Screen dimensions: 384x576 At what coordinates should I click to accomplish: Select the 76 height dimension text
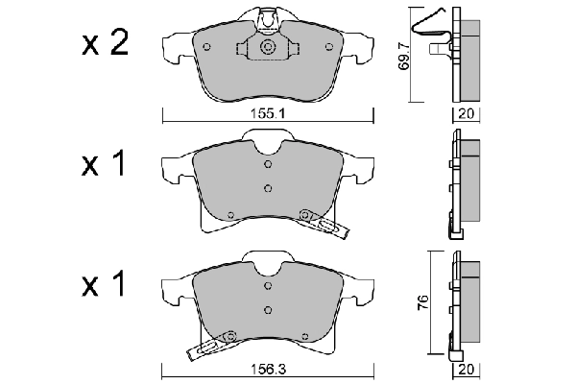(420, 301)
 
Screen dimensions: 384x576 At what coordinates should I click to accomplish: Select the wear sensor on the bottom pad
(212, 343)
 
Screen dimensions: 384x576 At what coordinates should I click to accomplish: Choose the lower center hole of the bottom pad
(268, 308)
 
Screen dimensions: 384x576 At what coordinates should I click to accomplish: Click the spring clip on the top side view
(431, 29)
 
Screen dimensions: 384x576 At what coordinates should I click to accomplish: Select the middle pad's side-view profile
(464, 182)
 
